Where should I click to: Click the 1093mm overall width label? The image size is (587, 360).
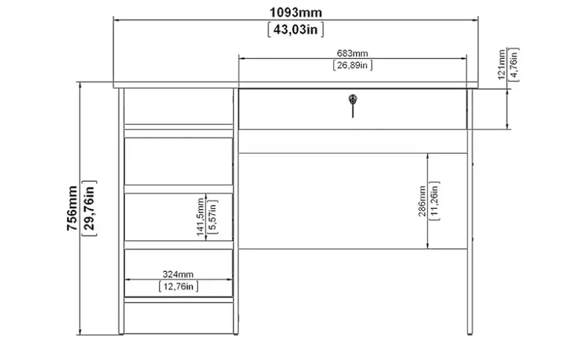[296, 13]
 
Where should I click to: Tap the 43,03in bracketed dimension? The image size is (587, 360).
[296, 29]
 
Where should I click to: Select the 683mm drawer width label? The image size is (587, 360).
[352, 54]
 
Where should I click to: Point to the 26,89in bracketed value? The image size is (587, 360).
[352, 65]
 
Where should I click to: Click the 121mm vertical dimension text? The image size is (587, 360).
[502, 65]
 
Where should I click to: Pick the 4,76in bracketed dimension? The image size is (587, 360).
[514, 64]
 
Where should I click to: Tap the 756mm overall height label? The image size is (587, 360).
[72, 208]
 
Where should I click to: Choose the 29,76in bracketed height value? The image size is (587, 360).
[89, 208]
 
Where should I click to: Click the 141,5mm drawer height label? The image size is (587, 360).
[200, 217]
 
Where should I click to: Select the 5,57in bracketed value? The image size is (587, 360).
[212, 217]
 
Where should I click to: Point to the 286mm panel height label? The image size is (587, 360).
[422, 201]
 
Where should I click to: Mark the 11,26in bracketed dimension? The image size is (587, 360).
[434, 201]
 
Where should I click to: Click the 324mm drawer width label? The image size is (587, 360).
[178, 275]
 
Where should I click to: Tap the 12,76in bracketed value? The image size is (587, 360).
[179, 287]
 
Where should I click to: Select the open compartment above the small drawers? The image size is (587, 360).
[179, 106]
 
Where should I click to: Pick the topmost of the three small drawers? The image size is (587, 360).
[179, 161]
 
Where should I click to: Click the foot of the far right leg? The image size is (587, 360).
[470, 332]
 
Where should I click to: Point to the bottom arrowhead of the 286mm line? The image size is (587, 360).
[427, 246]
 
